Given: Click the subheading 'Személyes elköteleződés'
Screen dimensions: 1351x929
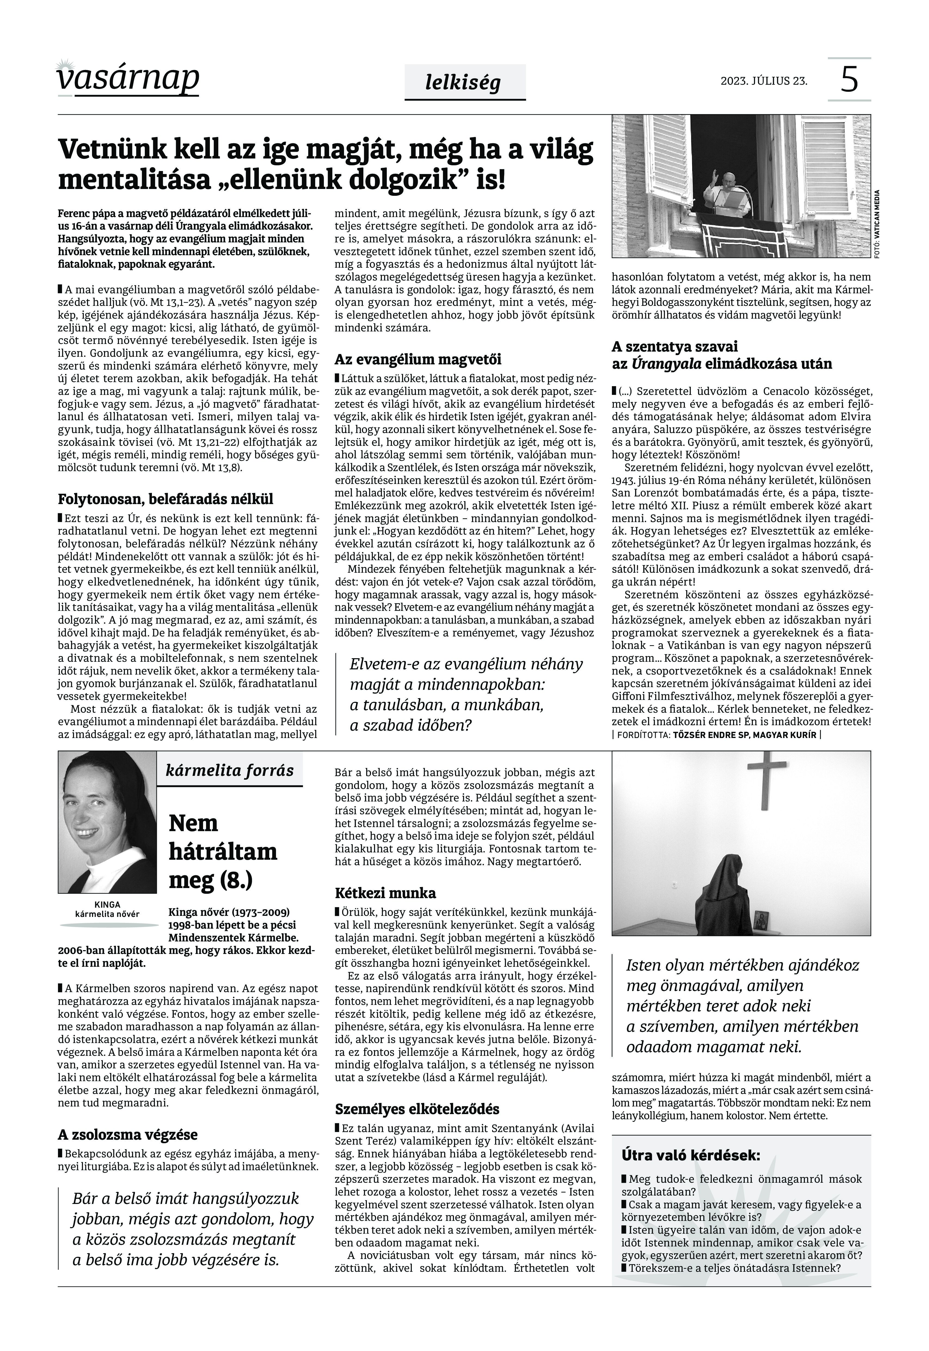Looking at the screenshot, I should pos(417,1109).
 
